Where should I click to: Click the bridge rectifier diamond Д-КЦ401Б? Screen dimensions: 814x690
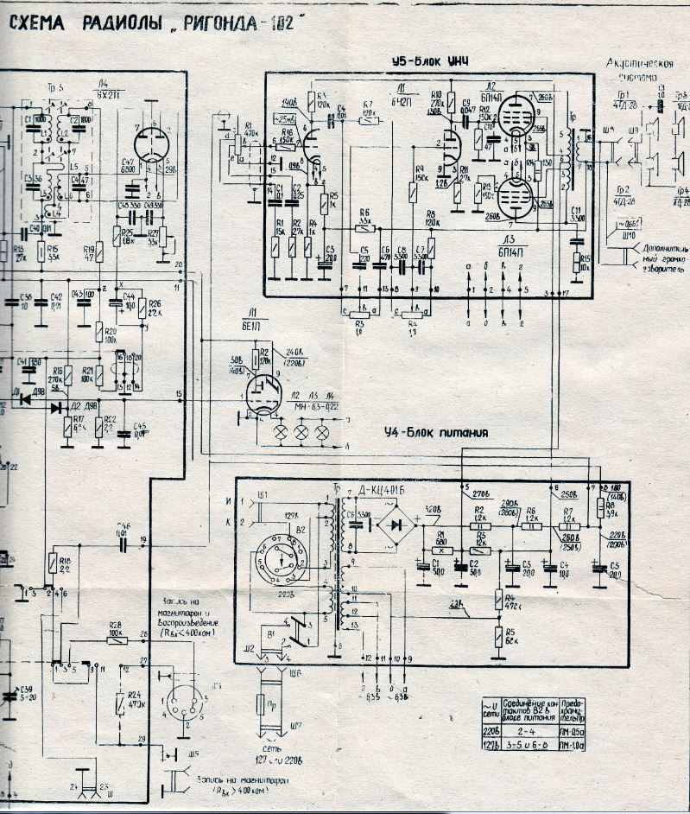point(396,524)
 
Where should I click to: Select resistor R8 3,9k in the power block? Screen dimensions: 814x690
point(599,508)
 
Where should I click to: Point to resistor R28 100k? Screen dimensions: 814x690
point(115,639)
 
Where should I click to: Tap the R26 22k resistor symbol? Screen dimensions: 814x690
point(142,309)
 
